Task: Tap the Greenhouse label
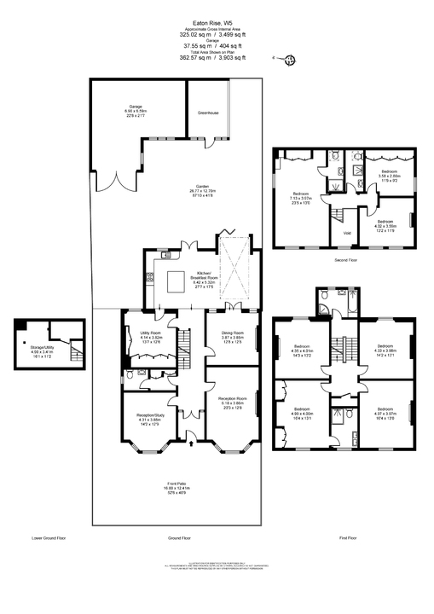click(209, 113)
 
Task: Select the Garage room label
click(136, 109)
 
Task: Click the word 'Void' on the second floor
click(347, 233)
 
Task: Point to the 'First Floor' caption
click(348, 539)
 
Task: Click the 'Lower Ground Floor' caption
click(49, 539)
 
